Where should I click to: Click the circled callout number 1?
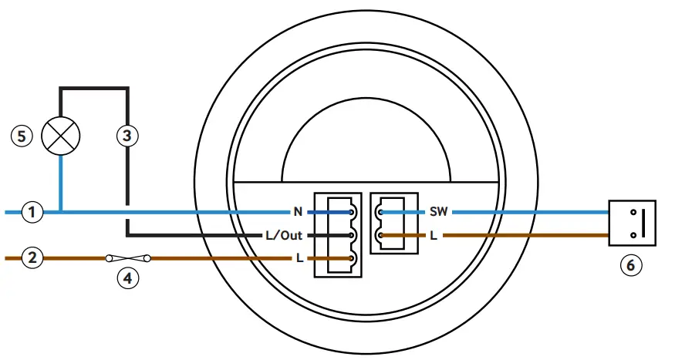click(32, 211)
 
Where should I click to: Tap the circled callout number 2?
click(32, 258)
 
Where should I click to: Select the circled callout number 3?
click(127, 136)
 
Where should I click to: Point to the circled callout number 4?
click(127, 278)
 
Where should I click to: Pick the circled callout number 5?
click(22, 136)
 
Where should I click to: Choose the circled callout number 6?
click(631, 266)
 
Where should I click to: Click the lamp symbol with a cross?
click(61, 136)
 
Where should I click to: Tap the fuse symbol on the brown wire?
click(127, 258)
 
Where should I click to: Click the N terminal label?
click(297, 211)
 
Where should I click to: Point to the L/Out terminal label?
click(283, 235)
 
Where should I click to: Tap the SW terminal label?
click(438, 211)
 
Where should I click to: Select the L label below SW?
click(434, 235)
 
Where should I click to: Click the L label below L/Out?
click(299, 258)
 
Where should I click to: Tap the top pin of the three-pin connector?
click(352, 211)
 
